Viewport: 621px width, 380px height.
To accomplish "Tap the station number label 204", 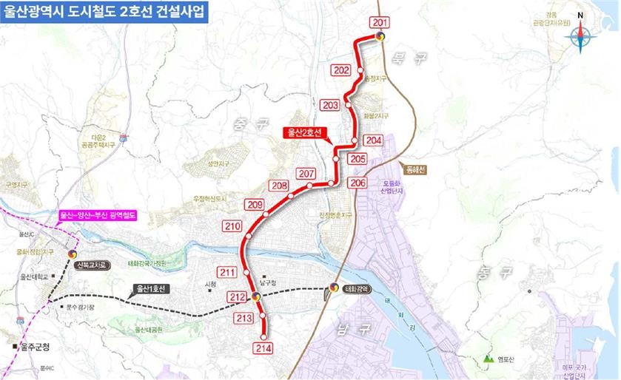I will pyautogui.click(x=374, y=140).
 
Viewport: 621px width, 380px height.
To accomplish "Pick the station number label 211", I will pyautogui.click(x=227, y=273).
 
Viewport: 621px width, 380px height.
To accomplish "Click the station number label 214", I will pyautogui.click(x=263, y=347).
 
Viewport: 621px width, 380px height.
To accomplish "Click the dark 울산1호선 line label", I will pyautogui.click(x=152, y=288).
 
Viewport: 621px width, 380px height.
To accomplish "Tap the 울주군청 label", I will pyautogui.click(x=34, y=346).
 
